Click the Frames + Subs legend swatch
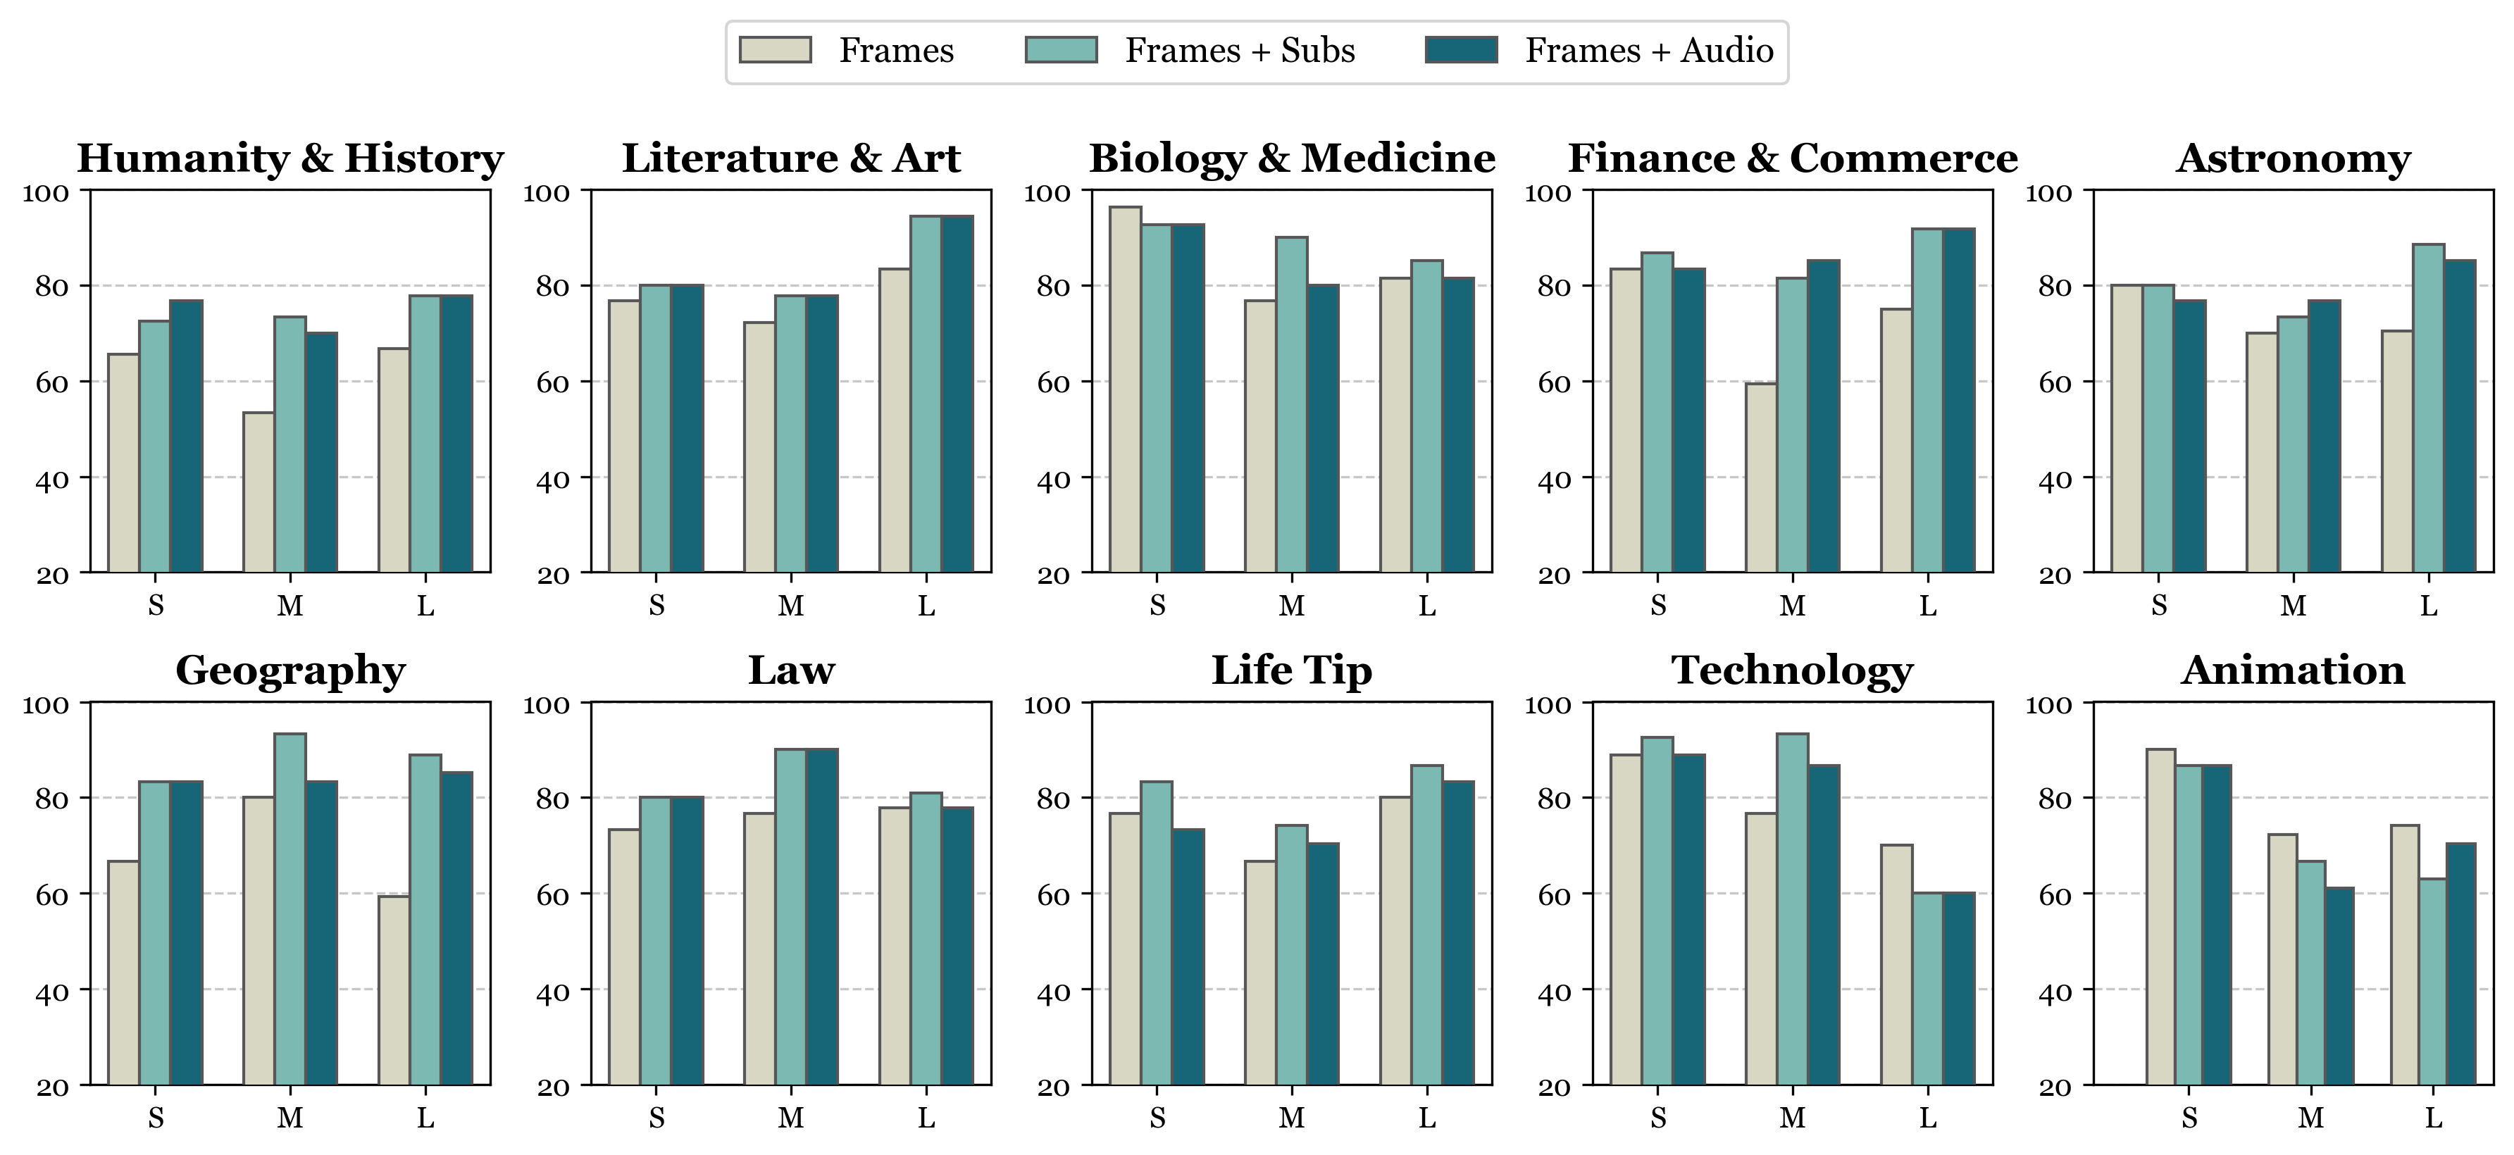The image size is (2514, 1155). [x=1061, y=50]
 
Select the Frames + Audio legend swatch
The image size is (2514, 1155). [x=1461, y=50]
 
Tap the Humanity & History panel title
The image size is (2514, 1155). [x=290, y=158]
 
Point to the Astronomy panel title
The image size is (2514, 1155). [x=2292, y=158]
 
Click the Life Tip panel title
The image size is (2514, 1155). [x=1291, y=670]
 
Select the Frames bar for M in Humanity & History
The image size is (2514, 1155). [x=259, y=492]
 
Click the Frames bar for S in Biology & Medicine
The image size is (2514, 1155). [x=1125, y=389]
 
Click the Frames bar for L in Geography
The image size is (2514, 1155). [x=393, y=989]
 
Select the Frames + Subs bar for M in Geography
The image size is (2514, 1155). [x=290, y=909]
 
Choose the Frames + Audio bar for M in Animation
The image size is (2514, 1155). [x=2339, y=985]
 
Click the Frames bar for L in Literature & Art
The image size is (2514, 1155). [x=895, y=420]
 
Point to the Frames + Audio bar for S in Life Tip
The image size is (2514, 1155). [x=1188, y=956]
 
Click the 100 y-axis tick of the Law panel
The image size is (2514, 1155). [x=547, y=704]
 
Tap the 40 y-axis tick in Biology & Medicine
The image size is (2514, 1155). [x=1053, y=480]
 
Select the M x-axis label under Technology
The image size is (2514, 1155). [x=1792, y=1118]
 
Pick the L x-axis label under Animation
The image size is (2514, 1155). [x=2434, y=1118]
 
